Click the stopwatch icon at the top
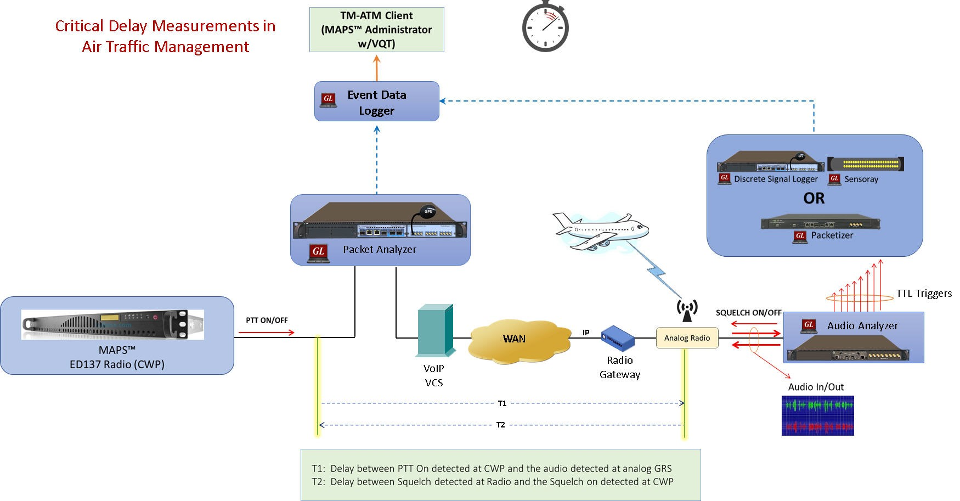tap(545, 28)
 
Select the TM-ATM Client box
tap(376, 30)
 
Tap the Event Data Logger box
tap(376, 102)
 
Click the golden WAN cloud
tap(514, 339)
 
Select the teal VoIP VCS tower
tap(435, 330)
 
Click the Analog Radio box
tap(687, 338)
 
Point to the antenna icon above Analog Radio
tap(687, 311)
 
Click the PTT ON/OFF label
tap(267, 320)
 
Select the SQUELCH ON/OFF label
tap(748, 313)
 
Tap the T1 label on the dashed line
tap(502, 403)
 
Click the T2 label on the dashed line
tap(500, 425)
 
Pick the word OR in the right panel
tap(814, 198)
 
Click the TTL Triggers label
tap(924, 294)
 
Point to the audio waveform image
tap(817, 415)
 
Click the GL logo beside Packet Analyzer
tap(318, 252)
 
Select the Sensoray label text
tap(861, 179)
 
